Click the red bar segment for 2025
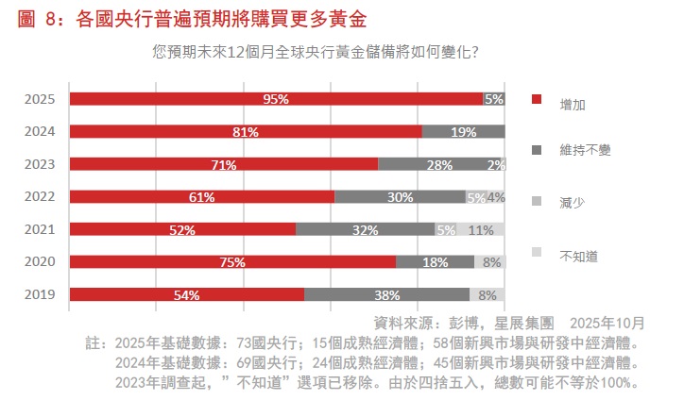point(276,99)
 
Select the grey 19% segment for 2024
point(463,132)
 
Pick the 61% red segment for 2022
point(202,197)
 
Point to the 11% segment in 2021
point(481,229)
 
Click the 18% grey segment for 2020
point(435,262)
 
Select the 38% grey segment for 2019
point(386,294)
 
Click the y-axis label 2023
point(41,165)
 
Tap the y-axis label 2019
point(41,294)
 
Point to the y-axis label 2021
point(41,229)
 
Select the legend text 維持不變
point(582,150)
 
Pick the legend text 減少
point(573,202)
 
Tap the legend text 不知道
point(577,255)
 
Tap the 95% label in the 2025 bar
point(276,99)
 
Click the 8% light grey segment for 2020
point(490,262)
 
